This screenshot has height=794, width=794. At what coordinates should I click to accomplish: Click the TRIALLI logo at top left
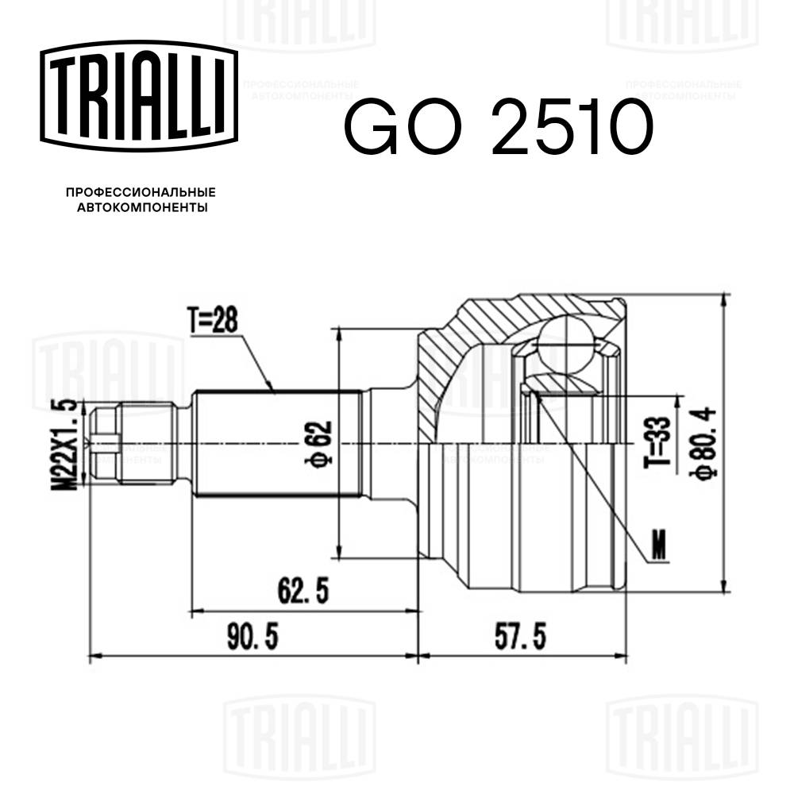click(x=140, y=95)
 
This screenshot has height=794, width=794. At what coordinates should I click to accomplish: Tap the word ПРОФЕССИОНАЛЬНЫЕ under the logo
click(x=141, y=192)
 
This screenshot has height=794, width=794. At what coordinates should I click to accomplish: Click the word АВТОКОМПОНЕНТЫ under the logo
click(x=141, y=208)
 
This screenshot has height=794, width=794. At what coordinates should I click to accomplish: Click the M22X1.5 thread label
click(x=70, y=445)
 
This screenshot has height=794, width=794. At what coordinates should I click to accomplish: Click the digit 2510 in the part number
click(x=570, y=127)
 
